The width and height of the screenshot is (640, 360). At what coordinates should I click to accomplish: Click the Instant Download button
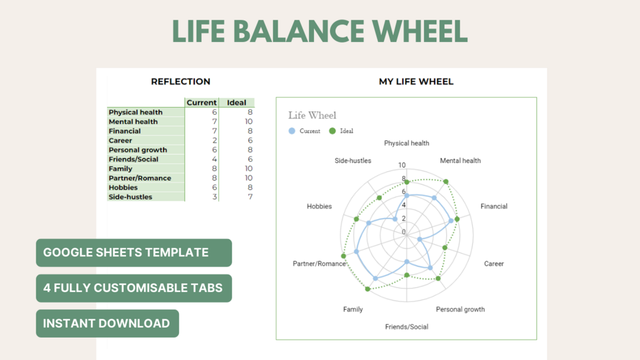108,323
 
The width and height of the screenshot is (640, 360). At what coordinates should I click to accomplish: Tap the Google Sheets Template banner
134,253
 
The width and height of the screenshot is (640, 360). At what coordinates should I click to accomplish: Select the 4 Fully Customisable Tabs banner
134,288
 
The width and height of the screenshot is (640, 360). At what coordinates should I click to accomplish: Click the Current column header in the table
202,103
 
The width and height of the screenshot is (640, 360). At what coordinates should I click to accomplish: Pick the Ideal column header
237,103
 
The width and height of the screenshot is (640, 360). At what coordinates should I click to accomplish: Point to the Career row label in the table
120,140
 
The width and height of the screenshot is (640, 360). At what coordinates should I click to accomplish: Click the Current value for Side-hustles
214,197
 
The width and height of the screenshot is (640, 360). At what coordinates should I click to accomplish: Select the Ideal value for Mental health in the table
248,122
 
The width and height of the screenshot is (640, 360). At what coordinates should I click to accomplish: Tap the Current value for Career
214,140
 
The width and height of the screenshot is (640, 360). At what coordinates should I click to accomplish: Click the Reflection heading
181,82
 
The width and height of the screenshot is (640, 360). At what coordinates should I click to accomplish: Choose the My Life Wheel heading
416,82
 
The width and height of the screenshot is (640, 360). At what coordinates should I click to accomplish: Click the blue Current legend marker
292,131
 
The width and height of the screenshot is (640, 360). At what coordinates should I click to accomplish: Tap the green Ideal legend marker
332,131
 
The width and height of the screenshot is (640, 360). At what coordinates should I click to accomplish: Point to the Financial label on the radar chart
494,206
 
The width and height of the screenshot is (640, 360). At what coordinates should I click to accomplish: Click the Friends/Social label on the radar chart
406,326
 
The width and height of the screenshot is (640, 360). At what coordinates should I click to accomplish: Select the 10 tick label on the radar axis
402,165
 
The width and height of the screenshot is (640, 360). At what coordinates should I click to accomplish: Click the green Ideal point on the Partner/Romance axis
344,256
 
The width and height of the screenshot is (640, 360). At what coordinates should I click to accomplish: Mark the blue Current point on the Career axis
420,240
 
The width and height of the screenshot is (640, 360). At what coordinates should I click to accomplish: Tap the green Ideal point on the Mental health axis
446,182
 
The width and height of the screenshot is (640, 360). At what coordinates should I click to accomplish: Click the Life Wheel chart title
312,115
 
